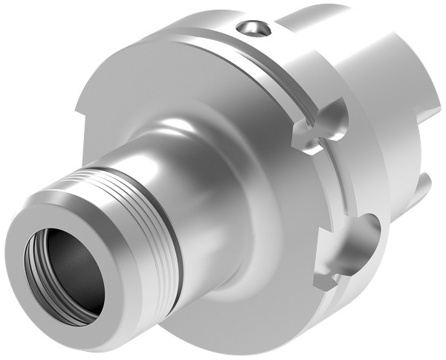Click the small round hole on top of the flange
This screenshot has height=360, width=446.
pyautogui.click(x=253, y=29)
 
